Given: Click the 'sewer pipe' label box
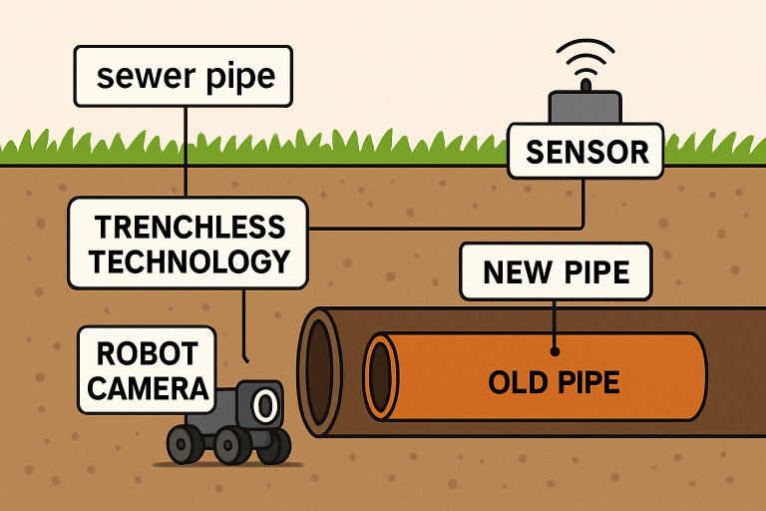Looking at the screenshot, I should [184, 76].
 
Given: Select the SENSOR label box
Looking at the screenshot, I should [585, 152].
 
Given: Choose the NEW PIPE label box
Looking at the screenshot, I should [557, 270].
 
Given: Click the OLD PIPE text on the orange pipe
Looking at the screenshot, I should [554, 381].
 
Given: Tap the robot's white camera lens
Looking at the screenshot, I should [264, 405].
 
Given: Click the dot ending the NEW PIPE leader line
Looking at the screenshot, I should [556, 350].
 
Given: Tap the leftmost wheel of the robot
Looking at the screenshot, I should [182, 444].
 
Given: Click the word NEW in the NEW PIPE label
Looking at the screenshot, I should [516, 270].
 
